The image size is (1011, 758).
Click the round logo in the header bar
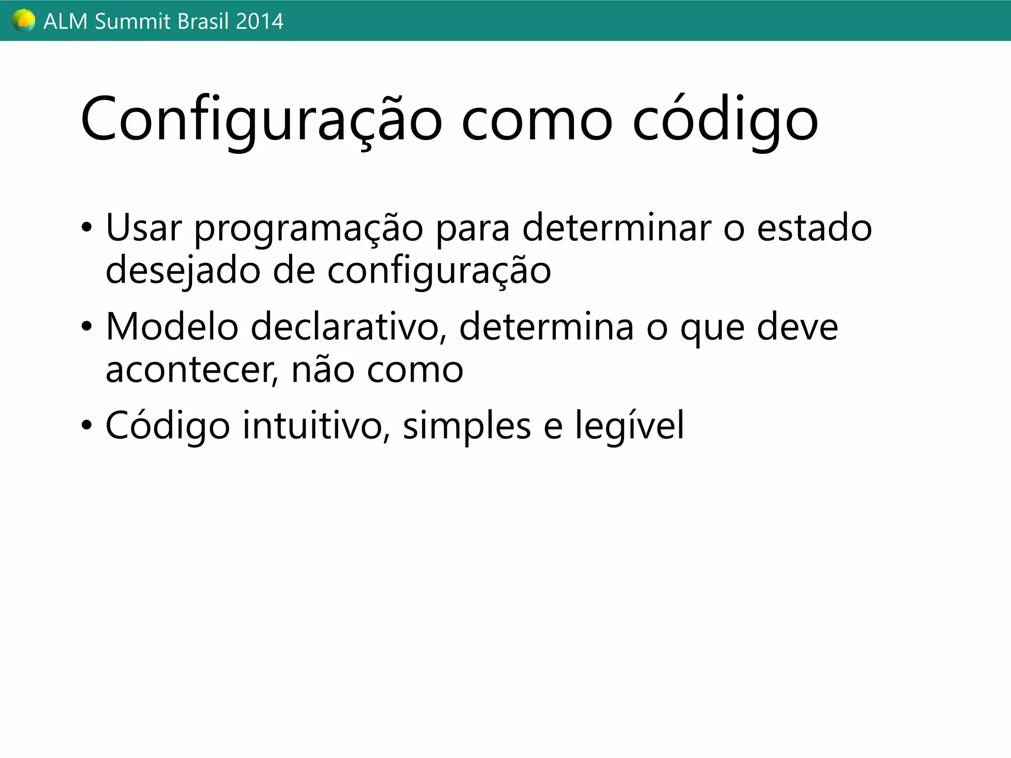click(23, 21)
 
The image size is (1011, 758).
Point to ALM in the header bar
click(66, 22)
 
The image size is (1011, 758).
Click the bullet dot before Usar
click(87, 228)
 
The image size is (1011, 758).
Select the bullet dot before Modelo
click(87, 327)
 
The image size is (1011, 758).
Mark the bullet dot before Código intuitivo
click(87, 425)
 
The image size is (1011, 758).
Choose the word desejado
click(183, 271)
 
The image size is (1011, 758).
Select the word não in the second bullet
click(323, 369)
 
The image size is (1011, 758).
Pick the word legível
click(629, 425)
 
